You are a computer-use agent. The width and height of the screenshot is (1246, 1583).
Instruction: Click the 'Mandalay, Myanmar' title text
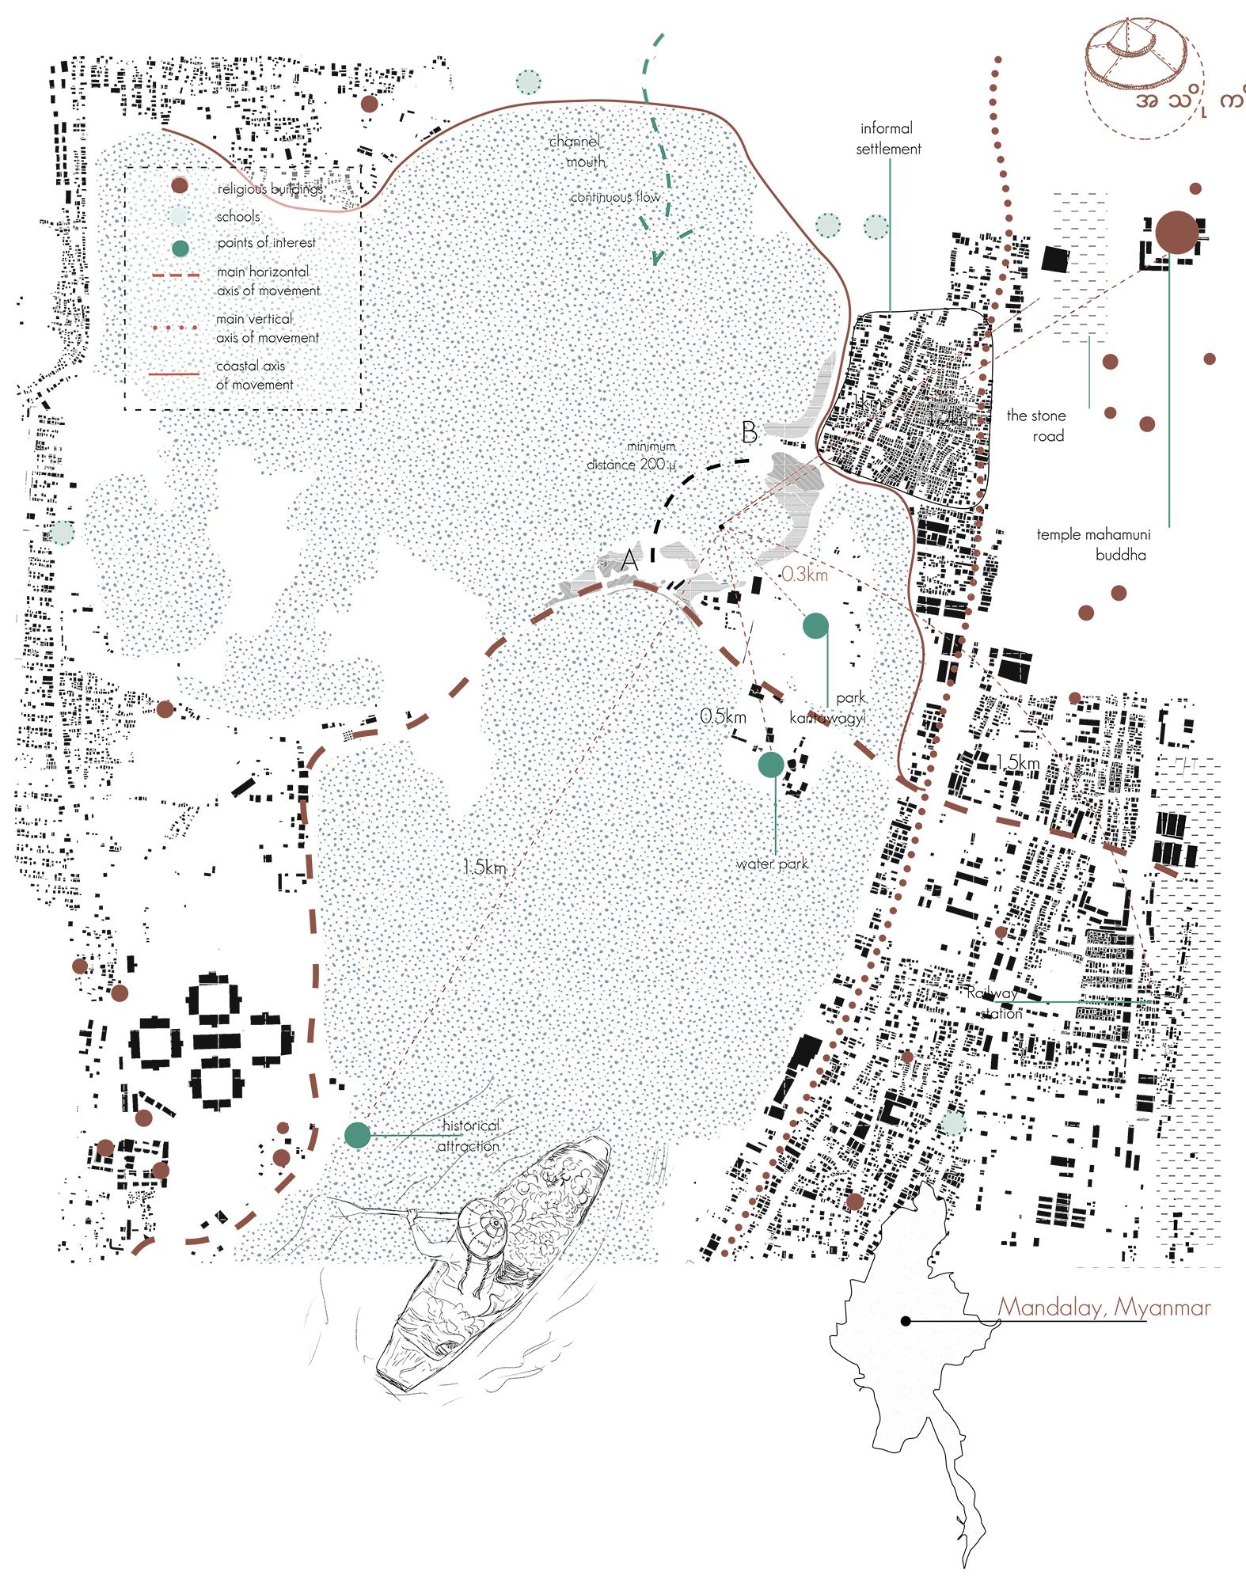pos(1104,1306)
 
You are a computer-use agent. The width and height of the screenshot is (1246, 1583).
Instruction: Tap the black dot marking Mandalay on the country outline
pos(904,1321)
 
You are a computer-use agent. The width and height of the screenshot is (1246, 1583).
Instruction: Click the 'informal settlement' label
pos(888,138)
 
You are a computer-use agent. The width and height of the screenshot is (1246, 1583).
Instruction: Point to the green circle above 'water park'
pos(771,764)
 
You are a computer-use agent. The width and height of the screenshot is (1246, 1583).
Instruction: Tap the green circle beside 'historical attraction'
pos(358,1135)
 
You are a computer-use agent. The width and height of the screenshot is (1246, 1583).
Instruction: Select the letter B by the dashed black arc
pos(749,433)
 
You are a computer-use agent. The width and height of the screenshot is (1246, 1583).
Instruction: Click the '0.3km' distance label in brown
pos(804,575)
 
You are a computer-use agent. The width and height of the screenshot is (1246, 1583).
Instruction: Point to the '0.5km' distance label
pos(723,716)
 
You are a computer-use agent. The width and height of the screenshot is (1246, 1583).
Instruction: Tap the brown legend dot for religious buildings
pos(181,186)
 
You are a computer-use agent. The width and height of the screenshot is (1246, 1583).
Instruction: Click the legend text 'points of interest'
pos(266,243)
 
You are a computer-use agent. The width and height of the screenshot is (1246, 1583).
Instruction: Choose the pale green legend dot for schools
pos(181,216)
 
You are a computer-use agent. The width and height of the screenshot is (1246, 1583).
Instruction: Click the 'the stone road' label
pos(1035,425)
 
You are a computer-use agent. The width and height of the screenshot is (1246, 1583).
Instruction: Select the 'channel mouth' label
pos(576,151)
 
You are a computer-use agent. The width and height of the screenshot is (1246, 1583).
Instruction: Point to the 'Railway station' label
pos(993,1003)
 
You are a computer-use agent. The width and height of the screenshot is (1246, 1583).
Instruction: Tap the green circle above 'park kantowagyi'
pos(815,625)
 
